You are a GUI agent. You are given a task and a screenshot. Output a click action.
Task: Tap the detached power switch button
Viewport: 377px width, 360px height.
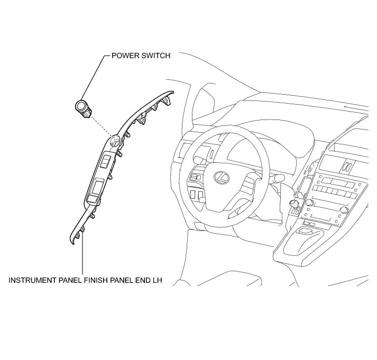pos(82,108)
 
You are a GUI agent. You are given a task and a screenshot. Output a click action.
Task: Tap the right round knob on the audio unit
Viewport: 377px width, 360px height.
pos(345,210)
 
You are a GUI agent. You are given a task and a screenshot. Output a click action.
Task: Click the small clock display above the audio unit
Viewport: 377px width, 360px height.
pos(345,166)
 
